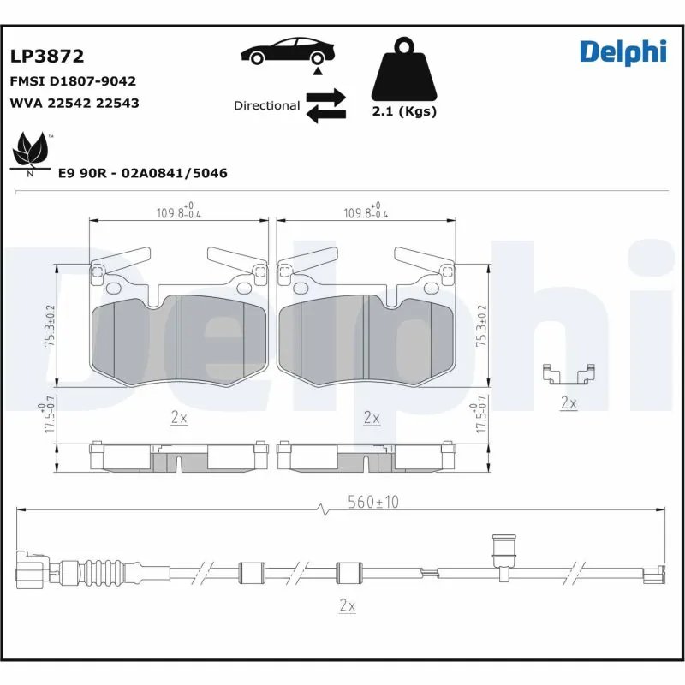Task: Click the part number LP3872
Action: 46,57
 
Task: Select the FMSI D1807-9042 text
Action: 73,81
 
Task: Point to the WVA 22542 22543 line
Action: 74,103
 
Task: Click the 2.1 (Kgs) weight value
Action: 404,111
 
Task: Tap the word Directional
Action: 266,105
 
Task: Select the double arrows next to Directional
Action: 325,105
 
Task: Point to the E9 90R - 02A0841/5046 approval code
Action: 142,173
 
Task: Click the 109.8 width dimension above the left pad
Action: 179,212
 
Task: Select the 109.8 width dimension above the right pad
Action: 366,212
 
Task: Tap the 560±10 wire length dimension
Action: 373,503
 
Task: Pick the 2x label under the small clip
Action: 568,402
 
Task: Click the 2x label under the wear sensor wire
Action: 346,605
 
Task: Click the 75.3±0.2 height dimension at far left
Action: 50,325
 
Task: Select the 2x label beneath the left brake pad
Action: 179,418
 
